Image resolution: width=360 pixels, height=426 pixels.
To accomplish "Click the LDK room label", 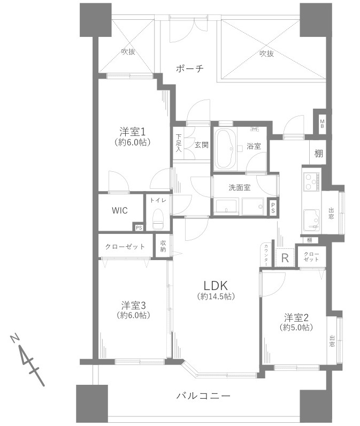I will (x=215, y=285).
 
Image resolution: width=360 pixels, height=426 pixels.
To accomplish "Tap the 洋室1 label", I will (x=133, y=132).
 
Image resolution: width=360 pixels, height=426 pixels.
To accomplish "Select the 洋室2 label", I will (x=296, y=317).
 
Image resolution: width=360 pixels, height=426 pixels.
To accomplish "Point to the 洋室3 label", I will (x=133, y=305).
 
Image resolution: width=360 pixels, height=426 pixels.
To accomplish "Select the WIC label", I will (x=119, y=210).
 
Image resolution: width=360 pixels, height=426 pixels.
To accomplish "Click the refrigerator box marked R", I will (x=285, y=257).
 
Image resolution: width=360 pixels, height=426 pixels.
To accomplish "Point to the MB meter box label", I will (x=322, y=124).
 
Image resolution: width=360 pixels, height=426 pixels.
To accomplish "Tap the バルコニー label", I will (x=203, y=396).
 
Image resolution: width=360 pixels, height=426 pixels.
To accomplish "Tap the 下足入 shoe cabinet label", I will (x=179, y=144).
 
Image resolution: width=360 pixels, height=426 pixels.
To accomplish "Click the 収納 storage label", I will (x=163, y=246).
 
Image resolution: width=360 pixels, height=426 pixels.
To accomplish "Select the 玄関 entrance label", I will (x=201, y=144).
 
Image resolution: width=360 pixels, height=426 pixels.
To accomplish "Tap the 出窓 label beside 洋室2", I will (x=332, y=341).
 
